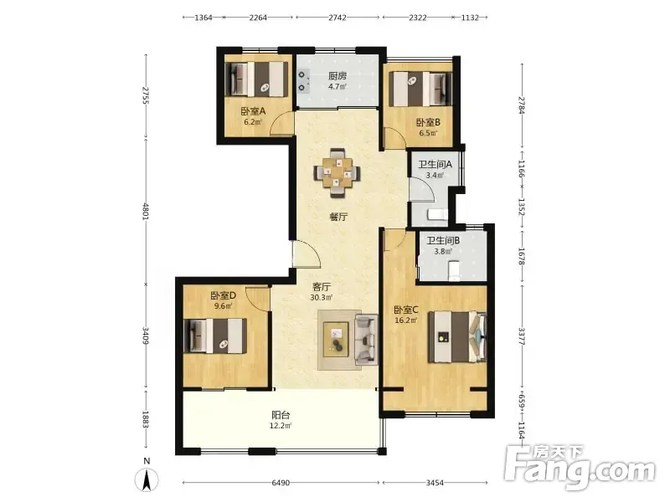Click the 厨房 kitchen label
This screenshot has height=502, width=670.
coord(338,76)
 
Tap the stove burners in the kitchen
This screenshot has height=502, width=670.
coord(303,81)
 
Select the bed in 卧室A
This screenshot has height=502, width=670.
coord(256,79)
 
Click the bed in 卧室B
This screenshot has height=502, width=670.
coord(421,89)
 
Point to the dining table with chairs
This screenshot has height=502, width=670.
coord(338,172)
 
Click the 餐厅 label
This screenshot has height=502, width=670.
coord(338,217)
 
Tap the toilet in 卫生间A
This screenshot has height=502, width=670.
coord(437,214)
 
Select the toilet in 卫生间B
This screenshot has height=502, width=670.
coord(454,271)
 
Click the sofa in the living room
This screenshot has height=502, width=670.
coord(367,340)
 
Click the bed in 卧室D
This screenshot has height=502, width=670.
coord(215,336)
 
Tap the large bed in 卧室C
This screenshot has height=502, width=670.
coord(457,337)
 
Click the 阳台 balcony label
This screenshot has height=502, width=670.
coord(281,414)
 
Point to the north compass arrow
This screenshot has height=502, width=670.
coord(147,479)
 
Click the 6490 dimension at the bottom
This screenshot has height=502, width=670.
coord(281,483)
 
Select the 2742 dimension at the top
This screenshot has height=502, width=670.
coord(338,18)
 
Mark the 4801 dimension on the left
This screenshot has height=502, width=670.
coord(146,212)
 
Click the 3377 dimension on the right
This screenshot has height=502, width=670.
coord(521,336)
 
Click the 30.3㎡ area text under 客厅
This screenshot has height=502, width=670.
coord(322,298)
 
